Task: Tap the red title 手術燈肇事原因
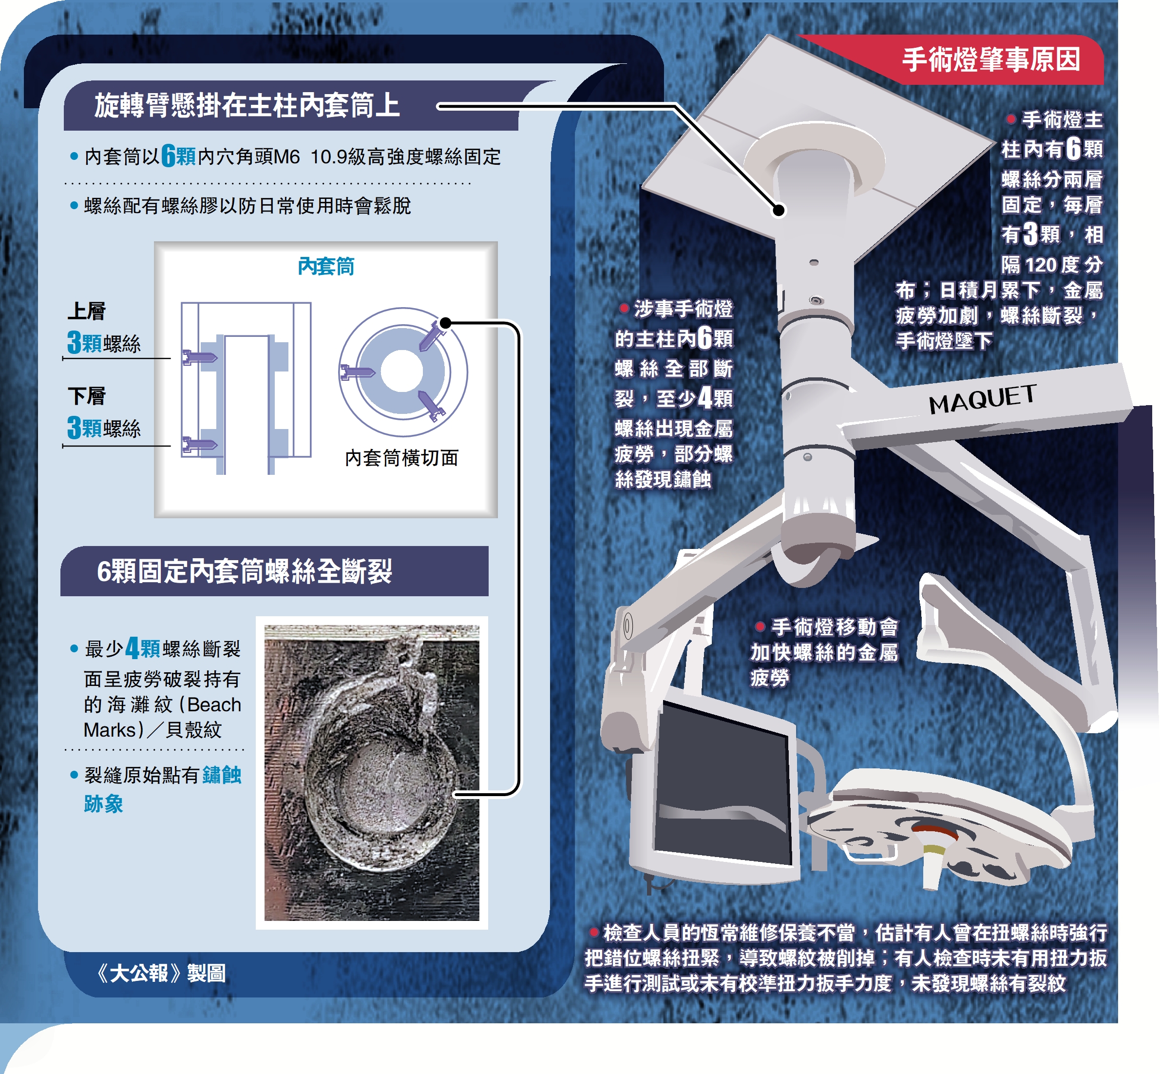[x=991, y=60]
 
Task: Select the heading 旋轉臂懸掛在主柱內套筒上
[x=247, y=106]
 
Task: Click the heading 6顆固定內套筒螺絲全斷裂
[x=245, y=571]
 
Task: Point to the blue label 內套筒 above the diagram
[x=326, y=266]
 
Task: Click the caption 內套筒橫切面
[x=402, y=458]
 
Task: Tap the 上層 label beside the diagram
[x=87, y=311]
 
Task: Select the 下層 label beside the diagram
[x=87, y=396]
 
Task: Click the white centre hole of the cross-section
[x=402, y=371]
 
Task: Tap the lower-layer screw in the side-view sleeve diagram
[x=200, y=445]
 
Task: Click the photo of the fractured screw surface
[x=372, y=773]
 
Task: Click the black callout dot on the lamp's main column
[x=779, y=210]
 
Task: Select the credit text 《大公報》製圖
[x=161, y=973]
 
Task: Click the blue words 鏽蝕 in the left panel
[x=222, y=775]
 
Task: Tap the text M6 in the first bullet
[x=287, y=157]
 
